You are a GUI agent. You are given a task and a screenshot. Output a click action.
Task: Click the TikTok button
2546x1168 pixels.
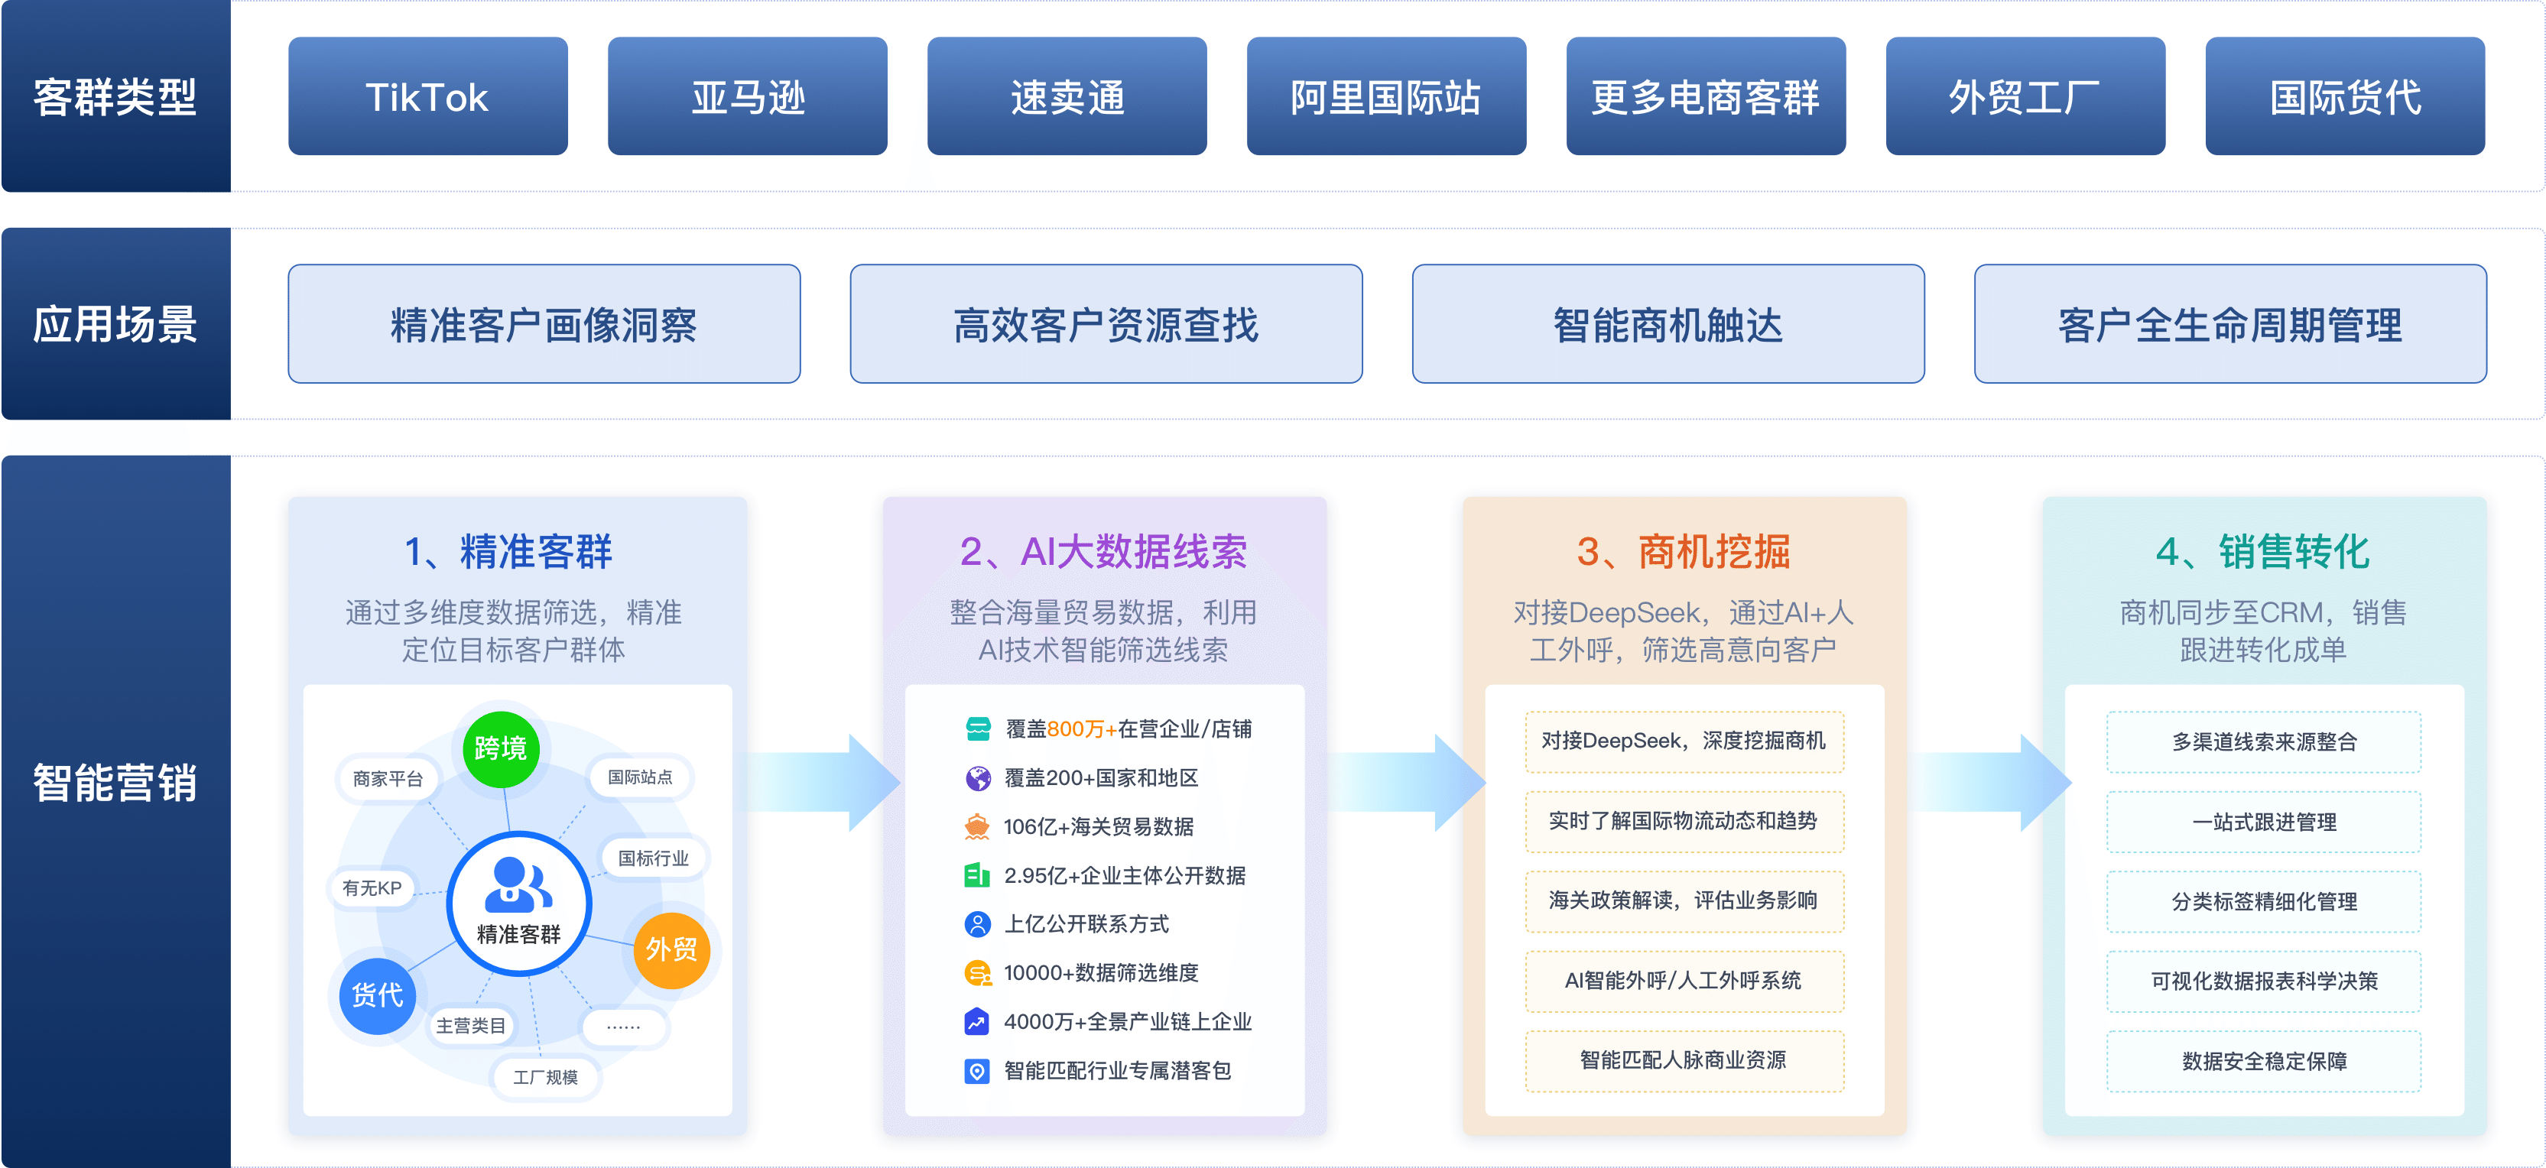click(428, 96)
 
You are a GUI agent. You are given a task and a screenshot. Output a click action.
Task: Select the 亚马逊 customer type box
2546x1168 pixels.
click(747, 96)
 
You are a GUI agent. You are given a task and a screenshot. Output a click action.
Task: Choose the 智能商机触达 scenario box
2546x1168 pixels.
click(1668, 323)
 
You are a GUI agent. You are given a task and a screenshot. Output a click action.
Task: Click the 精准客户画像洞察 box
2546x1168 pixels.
click(544, 323)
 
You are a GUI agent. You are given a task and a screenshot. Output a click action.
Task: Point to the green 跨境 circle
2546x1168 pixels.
click(501, 749)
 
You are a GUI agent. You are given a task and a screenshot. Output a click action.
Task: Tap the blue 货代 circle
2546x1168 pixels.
click(378, 995)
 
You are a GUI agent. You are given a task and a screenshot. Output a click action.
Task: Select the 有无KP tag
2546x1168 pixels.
click(372, 888)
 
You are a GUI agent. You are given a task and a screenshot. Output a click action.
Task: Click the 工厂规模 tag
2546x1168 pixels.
click(546, 1077)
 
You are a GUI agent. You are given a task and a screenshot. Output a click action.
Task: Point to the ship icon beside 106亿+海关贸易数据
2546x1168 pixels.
click(977, 827)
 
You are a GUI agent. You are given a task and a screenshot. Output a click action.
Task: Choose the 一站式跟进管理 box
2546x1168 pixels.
click(2263, 821)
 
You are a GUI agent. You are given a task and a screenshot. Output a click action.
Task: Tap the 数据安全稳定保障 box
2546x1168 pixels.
click(2263, 1060)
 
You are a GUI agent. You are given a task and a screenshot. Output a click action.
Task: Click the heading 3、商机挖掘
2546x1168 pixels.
click(1683, 551)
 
